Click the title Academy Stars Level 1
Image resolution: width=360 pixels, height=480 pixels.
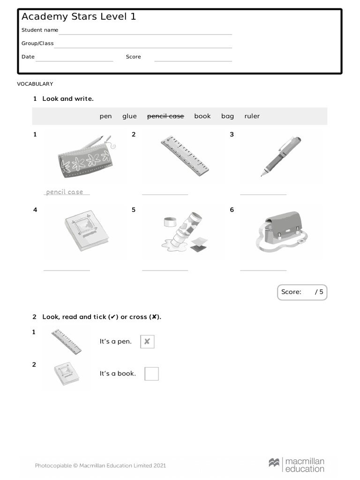[79, 17]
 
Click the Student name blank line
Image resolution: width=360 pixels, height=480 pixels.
[145, 34]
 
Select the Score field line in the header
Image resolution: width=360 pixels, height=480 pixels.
[193, 60]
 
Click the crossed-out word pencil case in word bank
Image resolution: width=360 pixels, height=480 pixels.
[165, 116]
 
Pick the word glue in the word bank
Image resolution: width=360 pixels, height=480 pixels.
[129, 116]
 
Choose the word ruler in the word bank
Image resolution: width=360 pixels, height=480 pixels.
[252, 116]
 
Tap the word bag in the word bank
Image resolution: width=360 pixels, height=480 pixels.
[227, 116]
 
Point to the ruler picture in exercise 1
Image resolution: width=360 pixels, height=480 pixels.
[184, 156]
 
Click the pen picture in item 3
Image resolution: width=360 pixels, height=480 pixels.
[281, 156]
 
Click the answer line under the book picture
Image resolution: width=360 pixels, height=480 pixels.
[67, 270]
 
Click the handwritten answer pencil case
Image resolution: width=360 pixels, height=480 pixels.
[65, 192]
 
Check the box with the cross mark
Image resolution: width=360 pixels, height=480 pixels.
[147, 342]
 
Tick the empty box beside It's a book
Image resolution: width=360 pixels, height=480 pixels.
[151, 374]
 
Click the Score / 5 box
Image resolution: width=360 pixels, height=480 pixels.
[302, 292]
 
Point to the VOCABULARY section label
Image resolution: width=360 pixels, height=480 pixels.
[35, 84]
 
